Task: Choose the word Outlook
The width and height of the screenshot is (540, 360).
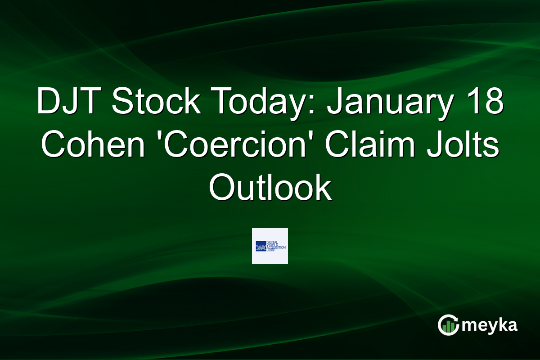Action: pos(270,188)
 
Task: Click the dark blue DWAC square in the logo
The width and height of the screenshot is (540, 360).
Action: pos(261,246)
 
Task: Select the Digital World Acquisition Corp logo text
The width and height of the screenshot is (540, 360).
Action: pos(276,246)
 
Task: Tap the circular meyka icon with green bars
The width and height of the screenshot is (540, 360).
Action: pos(448,325)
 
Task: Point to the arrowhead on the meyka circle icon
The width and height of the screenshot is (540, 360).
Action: pos(456,318)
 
